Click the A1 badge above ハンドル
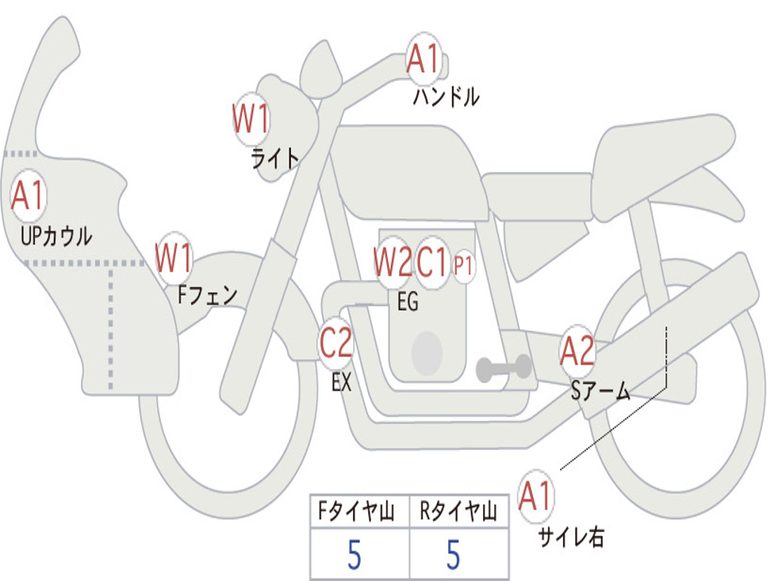[423, 59]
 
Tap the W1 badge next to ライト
[251, 119]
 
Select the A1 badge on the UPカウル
[29, 196]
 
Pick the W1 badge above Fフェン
[174, 258]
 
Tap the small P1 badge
[463, 266]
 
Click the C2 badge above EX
[336, 344]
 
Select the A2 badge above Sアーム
[577, 351]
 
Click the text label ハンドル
[446, 97]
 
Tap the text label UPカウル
[57, 235]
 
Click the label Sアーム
[600, 390]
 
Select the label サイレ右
[571, 537]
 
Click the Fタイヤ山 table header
[359, 513]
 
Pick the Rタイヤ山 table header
[458, 513]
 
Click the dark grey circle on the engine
[426, 353]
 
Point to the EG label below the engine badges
[407, 302]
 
